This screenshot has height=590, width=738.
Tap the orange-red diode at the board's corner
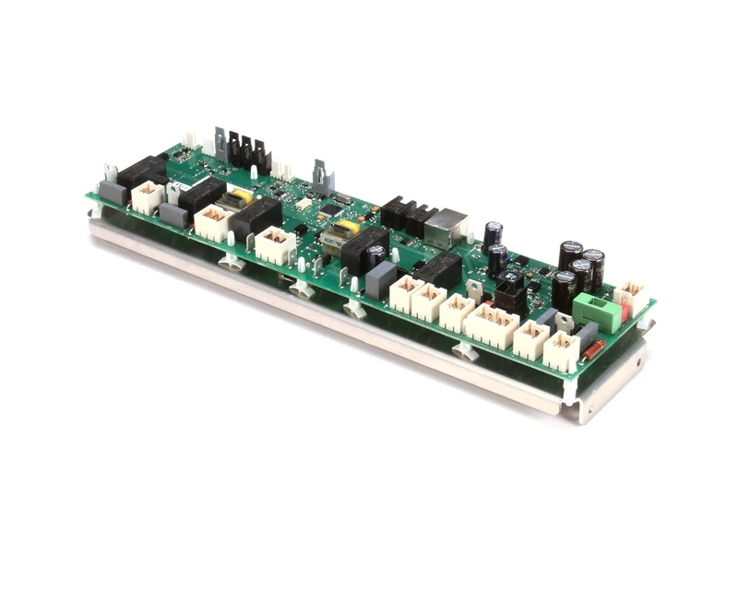593,348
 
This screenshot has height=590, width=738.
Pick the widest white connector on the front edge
492,325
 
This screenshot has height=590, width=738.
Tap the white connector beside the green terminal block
630,297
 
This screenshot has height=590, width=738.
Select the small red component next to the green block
625,313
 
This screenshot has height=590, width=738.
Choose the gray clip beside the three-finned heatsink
220,142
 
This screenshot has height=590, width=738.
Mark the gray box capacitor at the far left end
113,192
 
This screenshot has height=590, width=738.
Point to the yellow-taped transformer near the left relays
242,198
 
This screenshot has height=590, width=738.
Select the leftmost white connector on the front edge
147,196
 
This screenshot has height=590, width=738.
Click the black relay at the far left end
141,171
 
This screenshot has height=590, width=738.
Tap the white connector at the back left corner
190,140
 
